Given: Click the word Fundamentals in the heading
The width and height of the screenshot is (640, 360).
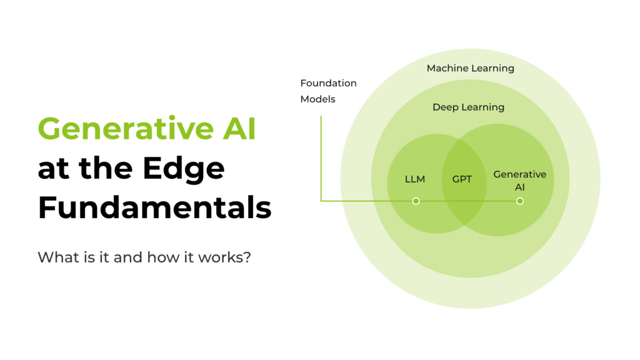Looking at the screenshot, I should pos(154,208).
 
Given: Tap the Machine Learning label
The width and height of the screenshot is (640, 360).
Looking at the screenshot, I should pos(470,68).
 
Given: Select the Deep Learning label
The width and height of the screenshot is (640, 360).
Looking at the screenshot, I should pos(468,107).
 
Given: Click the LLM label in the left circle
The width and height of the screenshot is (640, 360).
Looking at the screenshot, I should pos(415,179).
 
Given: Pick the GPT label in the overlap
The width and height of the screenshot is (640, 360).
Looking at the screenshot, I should pos(462,179).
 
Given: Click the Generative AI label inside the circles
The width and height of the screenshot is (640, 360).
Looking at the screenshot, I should pos(519,179).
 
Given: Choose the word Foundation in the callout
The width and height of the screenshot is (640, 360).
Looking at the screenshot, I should pos(328,83).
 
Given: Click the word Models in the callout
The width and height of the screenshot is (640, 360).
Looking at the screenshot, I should pos(317,99).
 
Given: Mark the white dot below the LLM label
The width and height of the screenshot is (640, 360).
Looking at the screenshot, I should pos(416,201).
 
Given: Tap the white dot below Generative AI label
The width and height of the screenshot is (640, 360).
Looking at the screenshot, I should pos(519,201).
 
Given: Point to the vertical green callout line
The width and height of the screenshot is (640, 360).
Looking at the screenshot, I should pos(321,156).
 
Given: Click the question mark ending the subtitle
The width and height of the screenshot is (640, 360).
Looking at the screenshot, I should pos(247,257).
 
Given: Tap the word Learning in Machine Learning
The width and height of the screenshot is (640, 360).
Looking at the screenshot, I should pos(494,68).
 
